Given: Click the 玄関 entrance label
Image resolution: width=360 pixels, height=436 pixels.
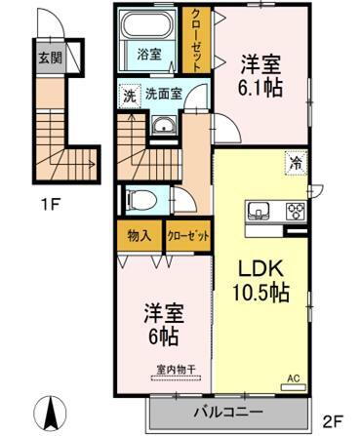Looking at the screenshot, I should [49, 57].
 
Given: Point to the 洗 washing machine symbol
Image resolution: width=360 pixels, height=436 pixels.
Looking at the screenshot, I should [129, 96].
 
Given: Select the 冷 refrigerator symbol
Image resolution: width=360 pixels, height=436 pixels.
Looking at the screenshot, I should [293, 163].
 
